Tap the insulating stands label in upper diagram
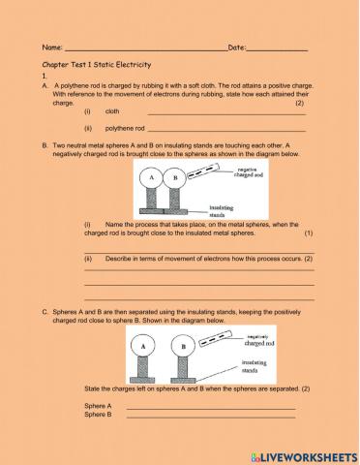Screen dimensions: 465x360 coord(224,211)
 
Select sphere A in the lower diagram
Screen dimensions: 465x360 coord(142,346)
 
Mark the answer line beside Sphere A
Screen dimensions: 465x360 coord(210,406)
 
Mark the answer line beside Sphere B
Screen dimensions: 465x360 coord(210,415)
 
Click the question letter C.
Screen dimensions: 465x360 coord(45,311)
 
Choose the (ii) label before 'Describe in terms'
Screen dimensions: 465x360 coord(88,259)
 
